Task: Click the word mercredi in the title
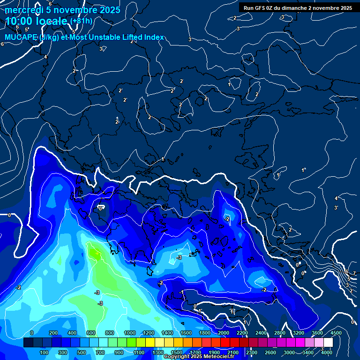pos(22,10)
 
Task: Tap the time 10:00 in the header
pos(18,22)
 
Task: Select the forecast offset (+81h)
pos(81,21)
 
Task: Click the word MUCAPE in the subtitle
pos(19,37)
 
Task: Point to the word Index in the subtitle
pos(154,37)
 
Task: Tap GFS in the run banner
pos(260,8)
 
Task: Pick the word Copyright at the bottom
pos(177,357)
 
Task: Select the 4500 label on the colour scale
pos(336,333)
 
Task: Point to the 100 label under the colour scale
pos(44,352)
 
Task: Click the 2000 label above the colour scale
pos(223,333)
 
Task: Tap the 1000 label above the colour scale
pos(129,333)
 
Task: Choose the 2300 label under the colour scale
pos(251,352)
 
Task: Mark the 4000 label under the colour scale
pos(327,352)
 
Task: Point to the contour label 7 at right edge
pos(354,273)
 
